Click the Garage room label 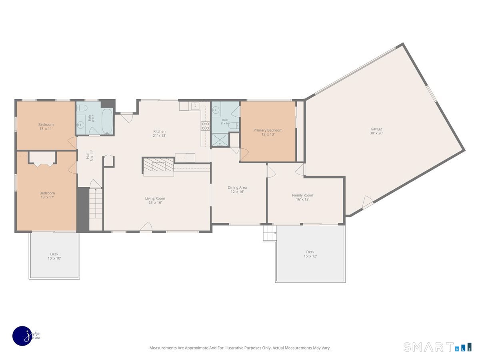click(x=376, y=131)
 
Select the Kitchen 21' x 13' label click(x=160, y=134)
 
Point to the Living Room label click(x=155, y=200)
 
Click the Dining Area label click(x=237, y=190)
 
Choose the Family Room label click(x=303, y=197)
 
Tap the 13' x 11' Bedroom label click(x=46, y=127)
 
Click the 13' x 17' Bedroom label click(x=47, y=195)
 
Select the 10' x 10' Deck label click(x=54, y=256)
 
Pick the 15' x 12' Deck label click(x=310, y=254)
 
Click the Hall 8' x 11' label click(x=90, y=156)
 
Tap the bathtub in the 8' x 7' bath click(x=107, y=121)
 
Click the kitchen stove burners click(x=205, y=126)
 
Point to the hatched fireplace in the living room click(x=158, y=164)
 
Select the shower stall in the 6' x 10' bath click(x=220, y=140)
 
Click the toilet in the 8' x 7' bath click(x=82, y=107)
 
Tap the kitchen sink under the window click(x=195, y=106)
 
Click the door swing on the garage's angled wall click(x=367, y=202)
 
